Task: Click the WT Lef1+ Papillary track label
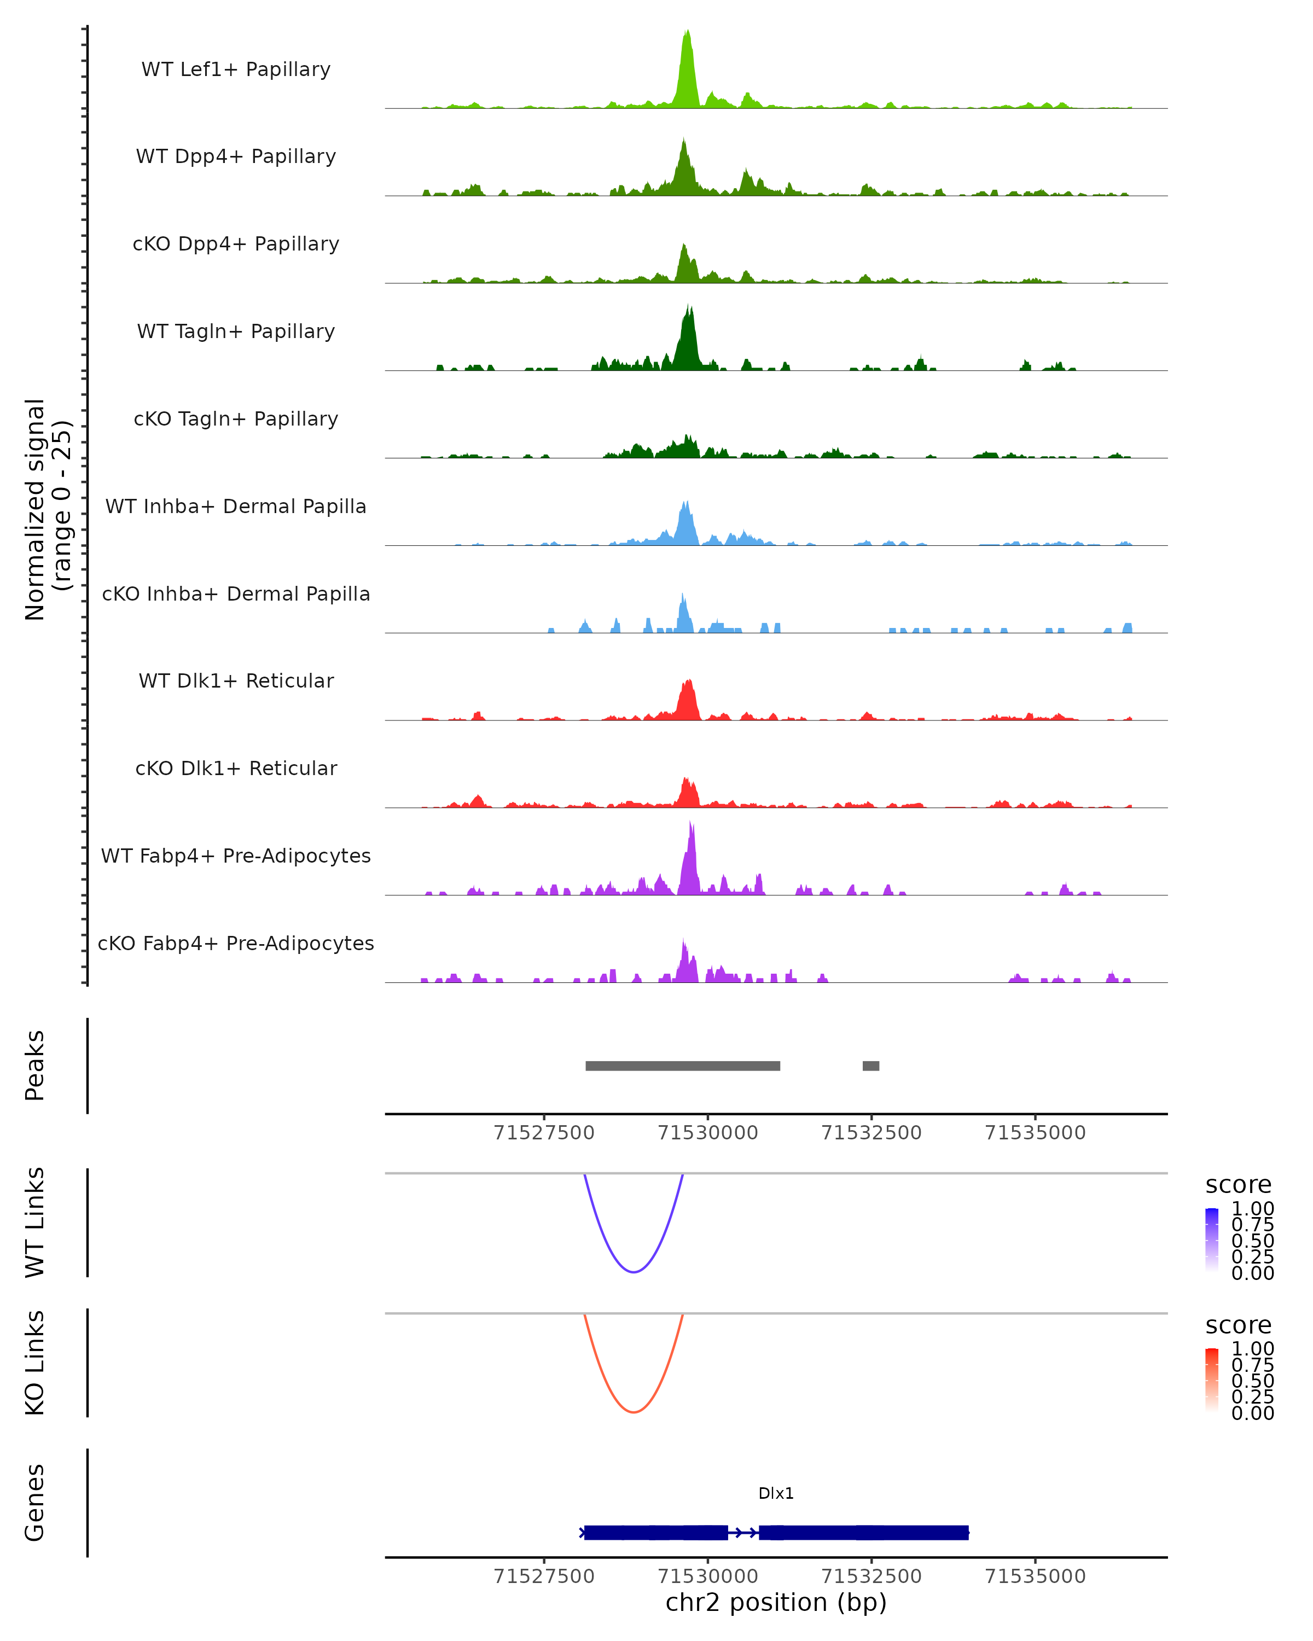[x=236, y=69]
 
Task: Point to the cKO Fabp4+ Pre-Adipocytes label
[x=236, y=943]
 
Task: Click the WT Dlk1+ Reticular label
[x=236, y=680]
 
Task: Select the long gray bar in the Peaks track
[x=683, y=1066]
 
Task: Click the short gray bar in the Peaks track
[x=871, y=1066]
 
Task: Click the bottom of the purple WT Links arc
[x=634, y=1271]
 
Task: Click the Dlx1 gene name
[x=776, y=1493]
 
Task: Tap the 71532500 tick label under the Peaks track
[x=872, y=1133]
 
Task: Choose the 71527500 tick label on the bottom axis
[x=543, y=1576]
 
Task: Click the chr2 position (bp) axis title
[x=776, y=1603]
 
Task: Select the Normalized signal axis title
[x=47, y=509]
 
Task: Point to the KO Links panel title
[x=35, y=1363]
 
